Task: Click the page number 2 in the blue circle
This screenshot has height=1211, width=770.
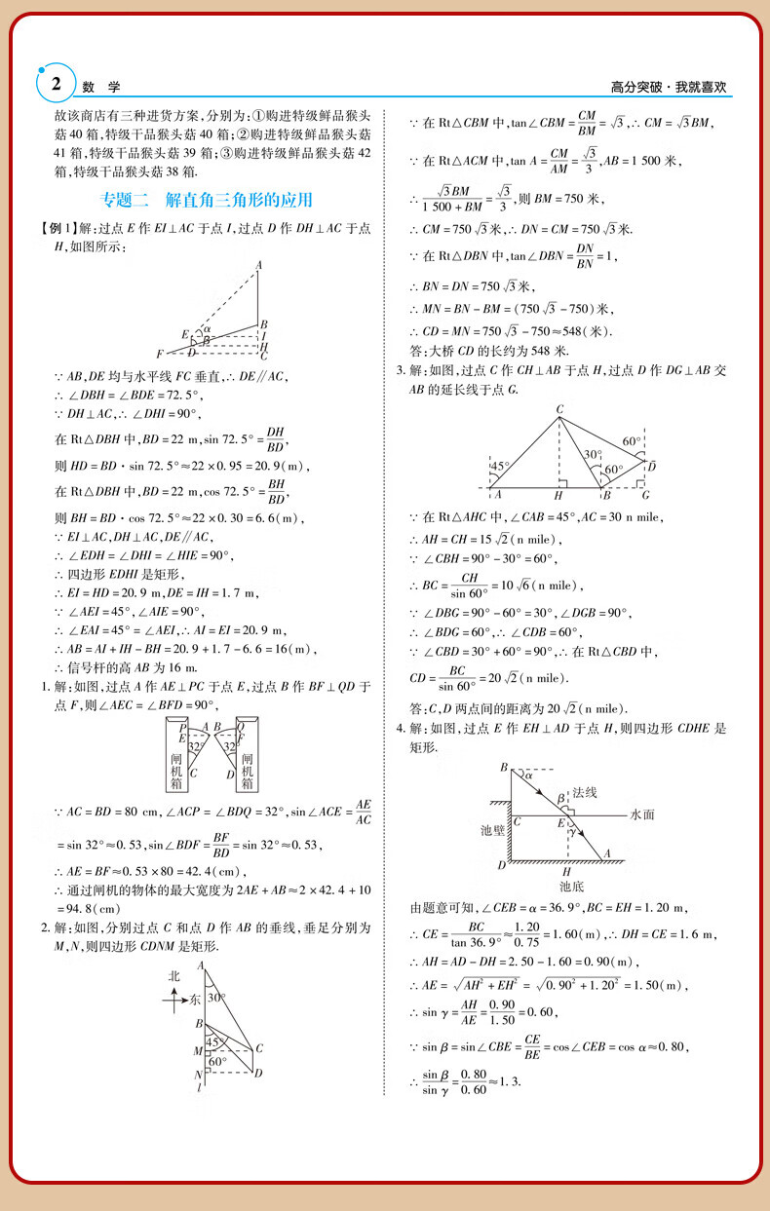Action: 56,84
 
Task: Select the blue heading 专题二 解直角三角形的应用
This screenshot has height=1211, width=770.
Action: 208,201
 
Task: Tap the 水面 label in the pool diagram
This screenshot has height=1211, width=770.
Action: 642,814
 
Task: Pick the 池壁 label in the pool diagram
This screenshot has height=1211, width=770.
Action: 492,830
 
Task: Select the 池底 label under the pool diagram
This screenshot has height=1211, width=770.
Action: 571,887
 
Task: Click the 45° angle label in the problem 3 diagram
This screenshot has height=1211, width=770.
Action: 499,467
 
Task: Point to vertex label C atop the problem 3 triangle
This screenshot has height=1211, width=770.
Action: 558,409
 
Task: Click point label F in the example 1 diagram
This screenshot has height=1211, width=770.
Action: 159,353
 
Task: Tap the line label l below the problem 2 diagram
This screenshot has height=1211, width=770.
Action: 199,1087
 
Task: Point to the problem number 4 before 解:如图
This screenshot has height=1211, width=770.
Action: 400,729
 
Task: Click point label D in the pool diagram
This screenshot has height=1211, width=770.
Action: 501,864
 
